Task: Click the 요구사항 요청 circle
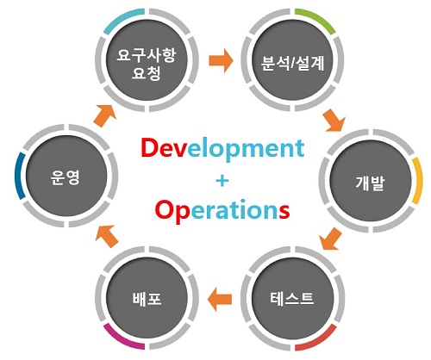pos(147,60)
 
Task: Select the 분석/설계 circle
pos(292,60)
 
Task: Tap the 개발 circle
pos(371,181)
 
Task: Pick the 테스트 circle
pos(292,299)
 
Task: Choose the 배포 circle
pos(147,299)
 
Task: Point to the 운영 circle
pos(66,176)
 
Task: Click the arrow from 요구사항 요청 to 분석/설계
pos(221,60)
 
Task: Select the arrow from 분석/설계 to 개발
pos(334,121)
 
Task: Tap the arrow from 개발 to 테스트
pos(330,239)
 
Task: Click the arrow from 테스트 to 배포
pos(220,300)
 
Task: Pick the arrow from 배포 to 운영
pos(107,236)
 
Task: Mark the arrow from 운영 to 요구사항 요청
pos(105,115)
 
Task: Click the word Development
pos(222,149)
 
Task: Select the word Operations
pos(222,210)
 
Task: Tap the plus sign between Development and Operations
pos(222,181)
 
